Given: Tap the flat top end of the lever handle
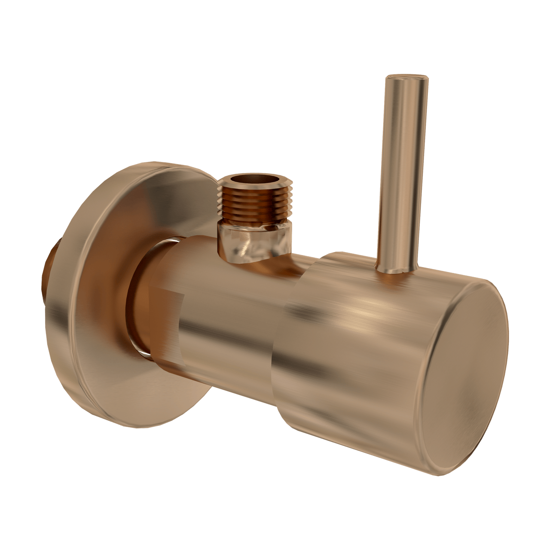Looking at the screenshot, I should pos(406,78).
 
